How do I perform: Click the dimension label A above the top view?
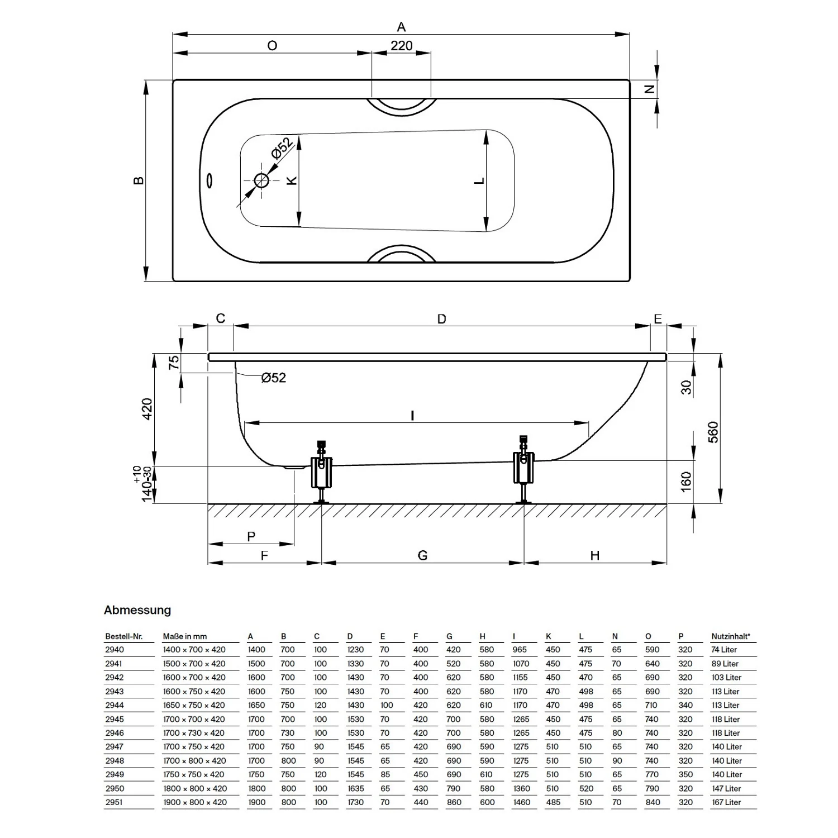(x=401, y=26)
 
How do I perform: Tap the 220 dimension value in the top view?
(x=401, y=45)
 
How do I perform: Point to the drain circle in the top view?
(x=261, y=180)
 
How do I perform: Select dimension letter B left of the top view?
(x=139, y=180)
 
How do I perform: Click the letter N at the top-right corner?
(x=649, y=89)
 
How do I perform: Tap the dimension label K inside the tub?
(x=291, y=180)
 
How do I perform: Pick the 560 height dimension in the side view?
(x=713, y=432)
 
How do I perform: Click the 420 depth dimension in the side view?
(x=146, y=410)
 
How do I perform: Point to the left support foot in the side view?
(x=321, y=473)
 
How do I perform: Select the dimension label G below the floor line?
(x=422, y=555)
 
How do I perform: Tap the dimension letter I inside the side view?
(x=412, y=416)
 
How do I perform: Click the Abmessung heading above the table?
(x=137, y=610)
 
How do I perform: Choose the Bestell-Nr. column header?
(x=124, y=636)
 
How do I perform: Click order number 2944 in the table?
(x=115, y=706)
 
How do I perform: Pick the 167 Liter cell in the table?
(x=726, y=802)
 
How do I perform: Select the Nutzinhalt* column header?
(x=731, y=636)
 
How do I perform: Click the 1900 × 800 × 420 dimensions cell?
(x=195, y=802)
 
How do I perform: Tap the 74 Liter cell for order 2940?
(x=725, y=650)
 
